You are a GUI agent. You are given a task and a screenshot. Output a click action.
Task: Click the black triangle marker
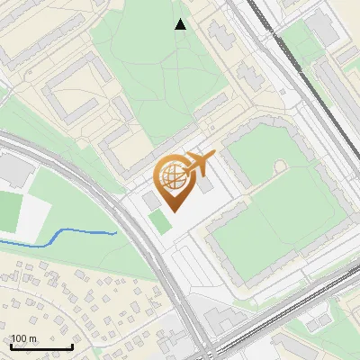click(x=181, y=24)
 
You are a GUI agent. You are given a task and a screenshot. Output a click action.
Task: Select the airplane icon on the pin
click(x=197, y=166)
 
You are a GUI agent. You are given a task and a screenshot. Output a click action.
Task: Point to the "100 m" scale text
click(x=24, y=338)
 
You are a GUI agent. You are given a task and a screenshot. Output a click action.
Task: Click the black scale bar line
click(x=41, y=346)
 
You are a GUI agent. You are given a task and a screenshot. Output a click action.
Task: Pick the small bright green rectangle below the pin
click(x=159, y=220)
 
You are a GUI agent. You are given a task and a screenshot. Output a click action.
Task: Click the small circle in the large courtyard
click(x=280, y=166)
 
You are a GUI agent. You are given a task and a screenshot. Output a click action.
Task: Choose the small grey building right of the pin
click(x=207, y=184)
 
